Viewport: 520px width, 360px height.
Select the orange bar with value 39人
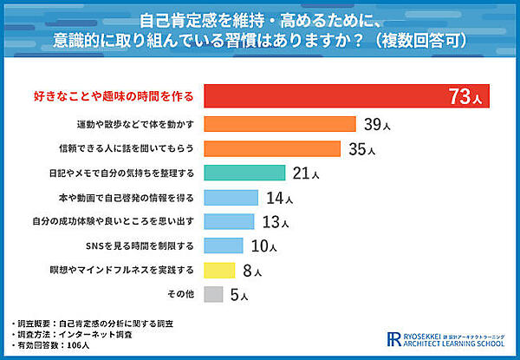pyautogui.click(x=279, y=124)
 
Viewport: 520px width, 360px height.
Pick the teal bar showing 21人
pyautogui.click(x=244, y=173)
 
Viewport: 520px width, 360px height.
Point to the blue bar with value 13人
pyautogui.click(x=229, y=221)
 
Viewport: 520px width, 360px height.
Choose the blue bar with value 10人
pyautogui.click(x=223, y=245)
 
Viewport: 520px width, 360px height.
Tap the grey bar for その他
pyautogui.click(x=213, y=294)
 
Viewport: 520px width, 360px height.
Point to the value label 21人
pyautogui.click(x=306, y=173)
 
